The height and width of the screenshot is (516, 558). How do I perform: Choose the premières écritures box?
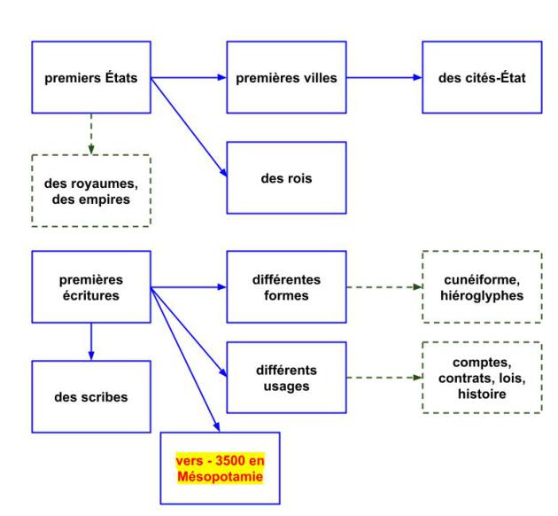click(x=91, y=287)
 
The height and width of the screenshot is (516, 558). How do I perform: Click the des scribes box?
click(x=91, y=396)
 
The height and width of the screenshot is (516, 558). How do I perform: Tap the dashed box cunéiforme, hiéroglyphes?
click(x=481, y=287)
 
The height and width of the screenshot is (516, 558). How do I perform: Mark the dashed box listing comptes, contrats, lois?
click(x=481, y=376)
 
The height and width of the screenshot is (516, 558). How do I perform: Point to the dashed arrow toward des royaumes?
click(x=91, y=133)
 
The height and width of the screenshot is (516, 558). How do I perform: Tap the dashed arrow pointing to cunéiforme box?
click(x=384, y=287)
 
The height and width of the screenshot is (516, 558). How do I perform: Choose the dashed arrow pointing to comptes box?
click(x=384, y=377)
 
